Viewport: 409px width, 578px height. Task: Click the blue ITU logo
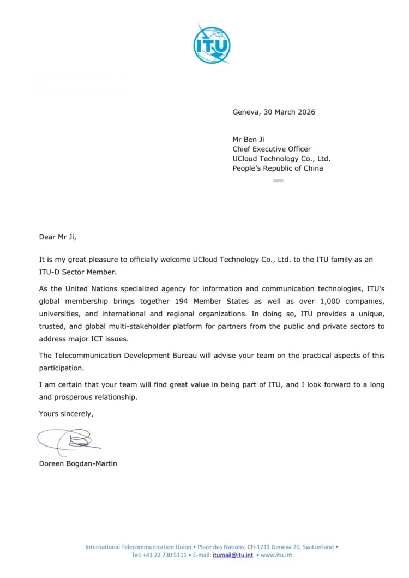coord(212,44)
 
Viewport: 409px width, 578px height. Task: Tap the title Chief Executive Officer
coord(272,149)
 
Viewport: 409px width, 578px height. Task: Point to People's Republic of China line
coord(278,168)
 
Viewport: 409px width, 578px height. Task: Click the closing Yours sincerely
coord(66,414)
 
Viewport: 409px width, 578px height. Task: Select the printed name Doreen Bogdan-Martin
coord(78,464)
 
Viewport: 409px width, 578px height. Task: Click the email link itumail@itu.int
coord(233,555)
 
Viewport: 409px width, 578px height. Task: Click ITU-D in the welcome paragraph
coord(50,272)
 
